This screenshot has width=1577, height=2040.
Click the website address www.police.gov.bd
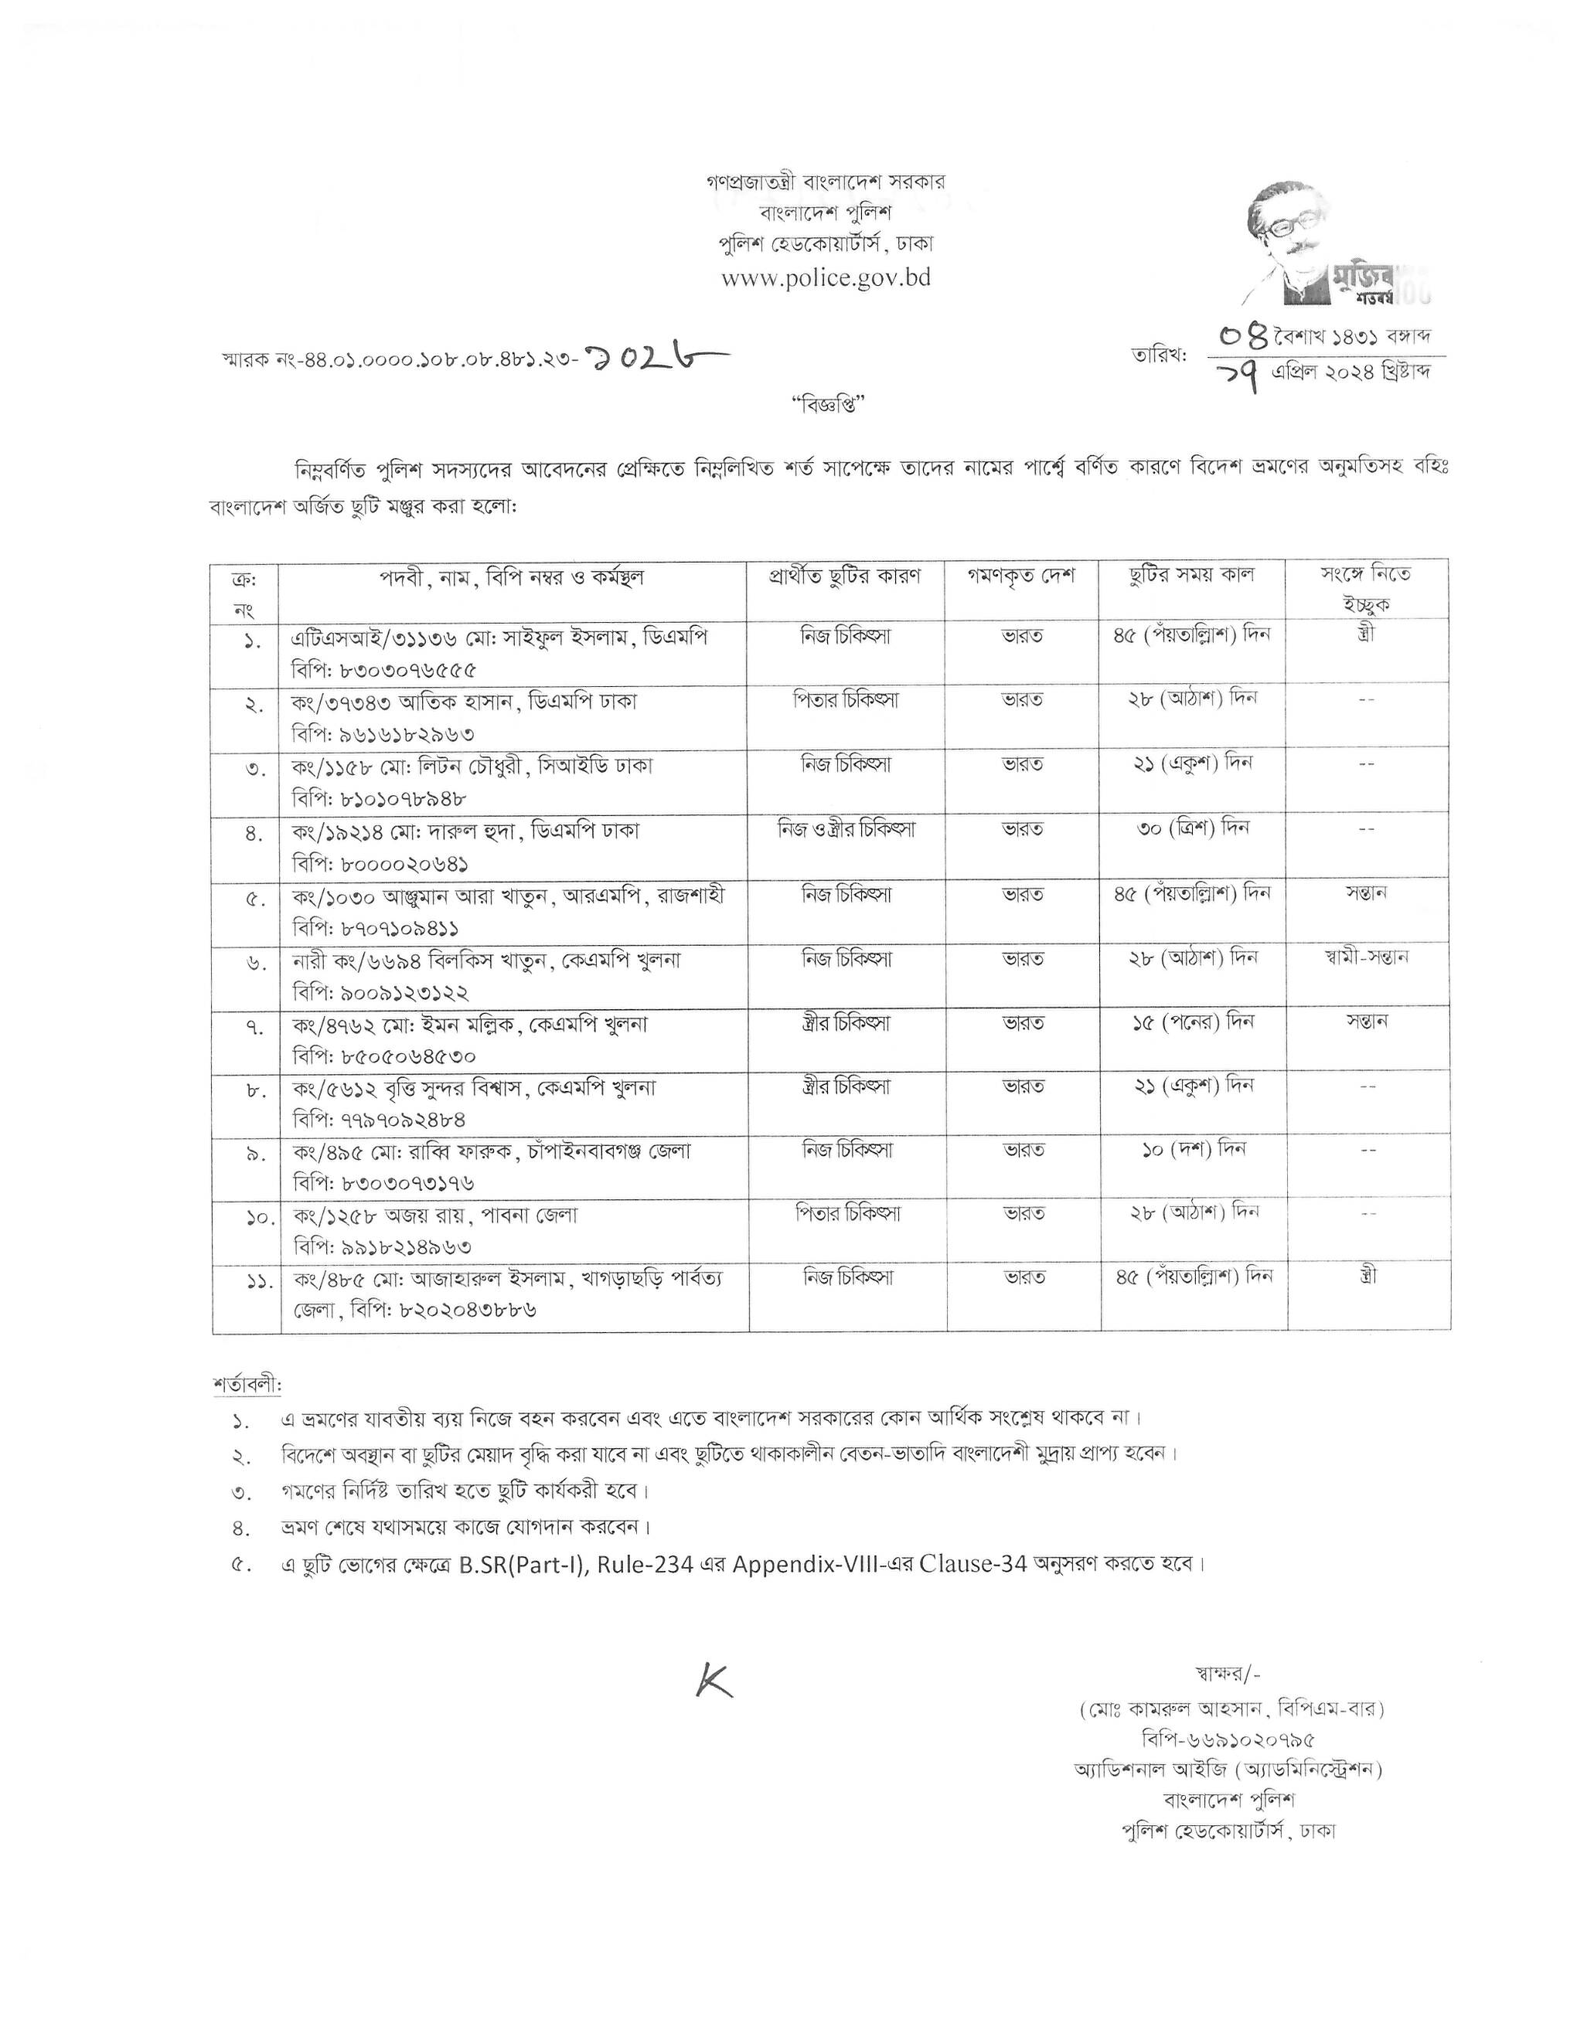pos(826,278)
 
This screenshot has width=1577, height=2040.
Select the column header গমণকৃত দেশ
pos(1022,576)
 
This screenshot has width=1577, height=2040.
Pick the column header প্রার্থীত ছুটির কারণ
pos(846,576)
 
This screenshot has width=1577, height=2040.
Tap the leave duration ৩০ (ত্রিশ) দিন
pos(1193,828)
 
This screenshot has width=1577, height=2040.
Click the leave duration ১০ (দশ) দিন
pos(1193,1149)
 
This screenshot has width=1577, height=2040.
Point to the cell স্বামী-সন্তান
pos(1367,957)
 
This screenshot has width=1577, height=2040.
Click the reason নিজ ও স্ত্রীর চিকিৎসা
pos(846,828)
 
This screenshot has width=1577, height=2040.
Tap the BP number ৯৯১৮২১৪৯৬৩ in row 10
pos(382,1247)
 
